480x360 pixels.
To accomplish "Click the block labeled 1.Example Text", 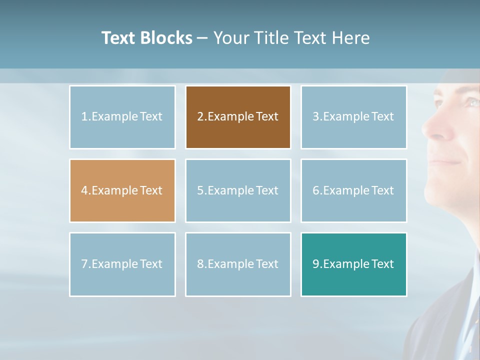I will point(122,117).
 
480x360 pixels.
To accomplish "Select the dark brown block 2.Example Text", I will point(238,117).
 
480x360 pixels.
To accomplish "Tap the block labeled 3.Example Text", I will point(353,117).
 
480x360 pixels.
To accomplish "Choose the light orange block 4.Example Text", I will point(122,190).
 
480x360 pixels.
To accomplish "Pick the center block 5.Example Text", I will point(238,190).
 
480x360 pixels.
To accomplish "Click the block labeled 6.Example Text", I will point(353,190).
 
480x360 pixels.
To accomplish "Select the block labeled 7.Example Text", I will point(122,264).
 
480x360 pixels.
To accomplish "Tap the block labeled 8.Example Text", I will point(238,264).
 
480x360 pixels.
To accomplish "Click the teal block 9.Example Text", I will point(353,264).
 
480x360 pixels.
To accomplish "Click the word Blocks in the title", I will point(166,38).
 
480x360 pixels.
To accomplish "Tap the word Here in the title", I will point(350,38).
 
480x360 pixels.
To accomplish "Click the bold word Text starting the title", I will point(119,38).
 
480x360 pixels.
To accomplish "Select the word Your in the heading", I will point(231,38).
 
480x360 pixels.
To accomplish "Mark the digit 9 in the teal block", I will point(316,264).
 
